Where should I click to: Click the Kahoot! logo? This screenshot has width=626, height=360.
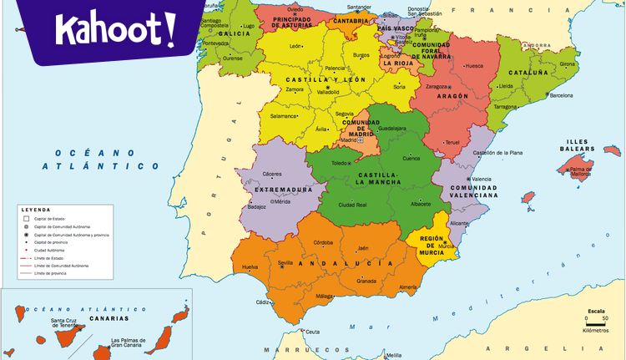click(x=116, y=33)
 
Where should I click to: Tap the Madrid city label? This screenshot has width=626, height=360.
click(x=348, y=139)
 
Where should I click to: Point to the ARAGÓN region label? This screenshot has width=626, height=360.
click(x=452, y=96)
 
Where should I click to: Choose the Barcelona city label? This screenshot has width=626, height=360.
click(x=561, y=95)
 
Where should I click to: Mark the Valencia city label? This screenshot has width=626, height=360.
click(x=482, y=180)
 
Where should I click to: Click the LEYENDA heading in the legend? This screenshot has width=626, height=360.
click(x=36, y=210)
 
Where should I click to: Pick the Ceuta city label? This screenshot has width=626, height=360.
click(x=312, y=332)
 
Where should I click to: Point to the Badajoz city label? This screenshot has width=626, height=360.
click(x=256, y=206)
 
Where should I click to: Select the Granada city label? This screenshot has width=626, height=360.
click(x=366, y=281)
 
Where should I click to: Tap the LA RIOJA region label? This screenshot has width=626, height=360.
click(x=397, y=63)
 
